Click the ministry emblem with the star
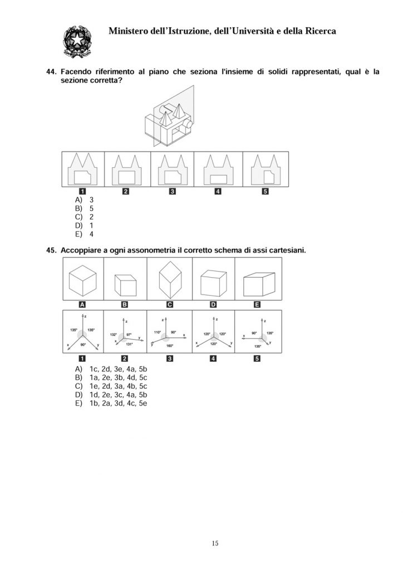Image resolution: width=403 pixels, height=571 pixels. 77,41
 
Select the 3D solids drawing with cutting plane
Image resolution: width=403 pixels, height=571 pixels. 169,116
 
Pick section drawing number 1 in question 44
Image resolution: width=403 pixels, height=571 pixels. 82,169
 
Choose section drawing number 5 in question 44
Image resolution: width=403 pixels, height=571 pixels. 266,170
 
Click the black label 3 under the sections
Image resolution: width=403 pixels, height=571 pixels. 172,192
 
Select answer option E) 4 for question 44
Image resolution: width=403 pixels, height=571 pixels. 84,235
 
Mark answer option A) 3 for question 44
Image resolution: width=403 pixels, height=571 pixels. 84,200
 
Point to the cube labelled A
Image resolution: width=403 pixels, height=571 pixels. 82,280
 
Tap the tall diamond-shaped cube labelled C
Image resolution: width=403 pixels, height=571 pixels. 170,279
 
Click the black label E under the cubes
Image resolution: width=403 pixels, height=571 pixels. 257,304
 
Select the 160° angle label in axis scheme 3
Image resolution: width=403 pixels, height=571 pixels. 170,346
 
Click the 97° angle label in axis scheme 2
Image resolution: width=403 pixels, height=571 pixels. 129,335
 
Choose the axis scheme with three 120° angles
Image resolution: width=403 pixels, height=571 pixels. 213,331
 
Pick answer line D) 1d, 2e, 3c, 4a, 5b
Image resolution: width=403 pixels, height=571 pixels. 111,395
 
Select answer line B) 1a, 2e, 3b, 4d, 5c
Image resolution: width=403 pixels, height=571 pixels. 111,378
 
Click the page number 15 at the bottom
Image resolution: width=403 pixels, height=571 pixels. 215,543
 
